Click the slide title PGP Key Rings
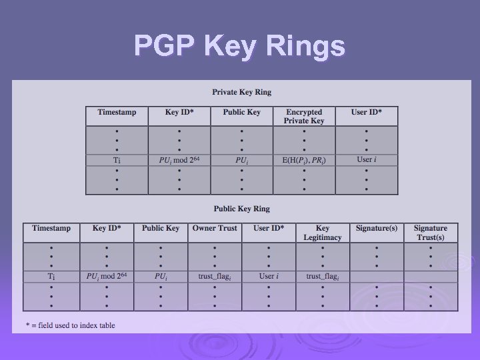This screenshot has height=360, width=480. pos(240,46)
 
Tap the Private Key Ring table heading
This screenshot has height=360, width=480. pos(241,92)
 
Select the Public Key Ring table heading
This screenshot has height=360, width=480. pos(241,209)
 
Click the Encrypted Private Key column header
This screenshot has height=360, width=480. pos(304,116)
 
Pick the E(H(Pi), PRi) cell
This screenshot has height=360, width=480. pos(304,160)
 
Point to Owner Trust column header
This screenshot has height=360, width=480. pos(215,228)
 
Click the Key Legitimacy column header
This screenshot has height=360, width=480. pos(323,232)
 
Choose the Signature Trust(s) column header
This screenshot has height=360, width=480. pos(430,232)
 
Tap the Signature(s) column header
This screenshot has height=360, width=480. pos(377,228)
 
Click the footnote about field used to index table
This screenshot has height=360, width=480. pos(70,325)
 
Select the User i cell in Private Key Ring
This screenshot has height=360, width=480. pos(366,159)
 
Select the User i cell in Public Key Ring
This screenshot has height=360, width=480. pos(269,276)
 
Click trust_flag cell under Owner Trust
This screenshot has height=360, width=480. pos(214,276)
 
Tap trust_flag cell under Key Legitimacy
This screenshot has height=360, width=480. pos(323,276)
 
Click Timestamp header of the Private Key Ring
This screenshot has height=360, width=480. pos(117,112)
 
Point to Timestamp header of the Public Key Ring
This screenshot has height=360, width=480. pos(51,228)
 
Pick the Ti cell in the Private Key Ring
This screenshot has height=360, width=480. pos(117,160)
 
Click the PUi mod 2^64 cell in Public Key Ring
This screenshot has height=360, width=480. pos(107,276)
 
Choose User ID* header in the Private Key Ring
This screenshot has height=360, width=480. pos(367,112)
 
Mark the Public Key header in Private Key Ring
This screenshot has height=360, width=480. pos(241,112)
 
